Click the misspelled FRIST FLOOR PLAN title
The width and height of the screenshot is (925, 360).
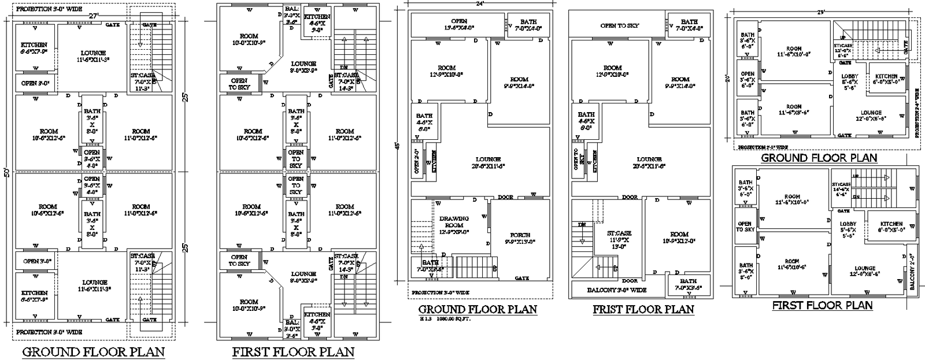tap(643, 309)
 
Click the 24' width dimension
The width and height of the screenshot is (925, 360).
tap(479, 3)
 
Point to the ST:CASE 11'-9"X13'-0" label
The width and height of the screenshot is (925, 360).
tap(619, 237)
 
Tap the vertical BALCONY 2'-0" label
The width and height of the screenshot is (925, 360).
tap(912, 272)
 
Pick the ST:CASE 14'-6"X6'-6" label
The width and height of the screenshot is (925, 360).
tap(841, 192)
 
